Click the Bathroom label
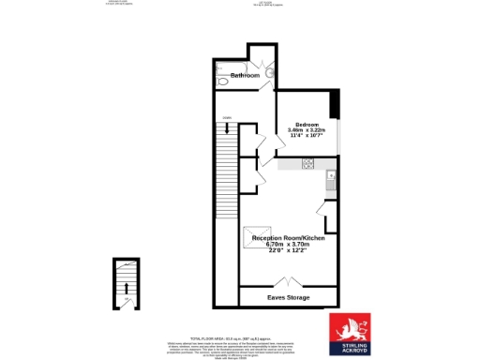click(245, 75)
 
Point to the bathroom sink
click(269, 72)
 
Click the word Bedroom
click(308, 123)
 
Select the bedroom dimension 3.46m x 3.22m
click(308, 129)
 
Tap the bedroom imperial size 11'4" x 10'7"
click(308, 136)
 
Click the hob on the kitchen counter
click(307, 164)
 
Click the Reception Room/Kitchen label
click(288, 238)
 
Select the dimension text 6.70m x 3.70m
click(288, 245)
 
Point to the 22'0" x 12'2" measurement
click(288, 251)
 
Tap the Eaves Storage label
click(288, 297)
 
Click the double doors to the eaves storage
click(288, 281)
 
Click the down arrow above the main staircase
click(225, 120)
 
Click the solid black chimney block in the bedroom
click(334, 101)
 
